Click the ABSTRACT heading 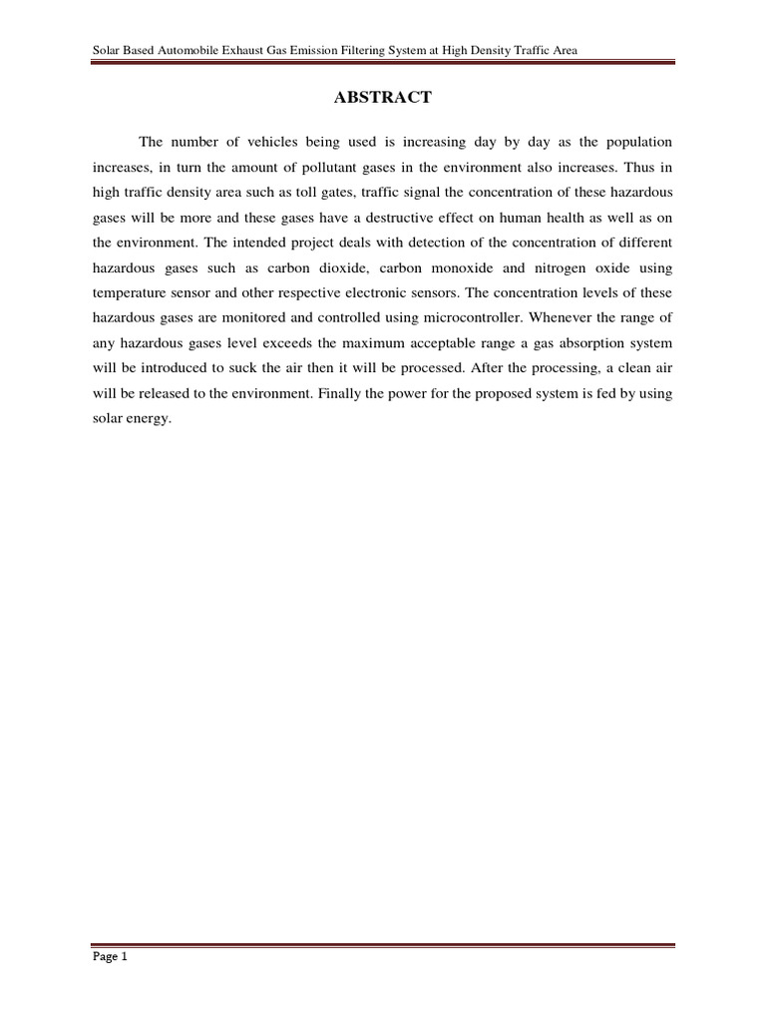pos(383,97)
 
